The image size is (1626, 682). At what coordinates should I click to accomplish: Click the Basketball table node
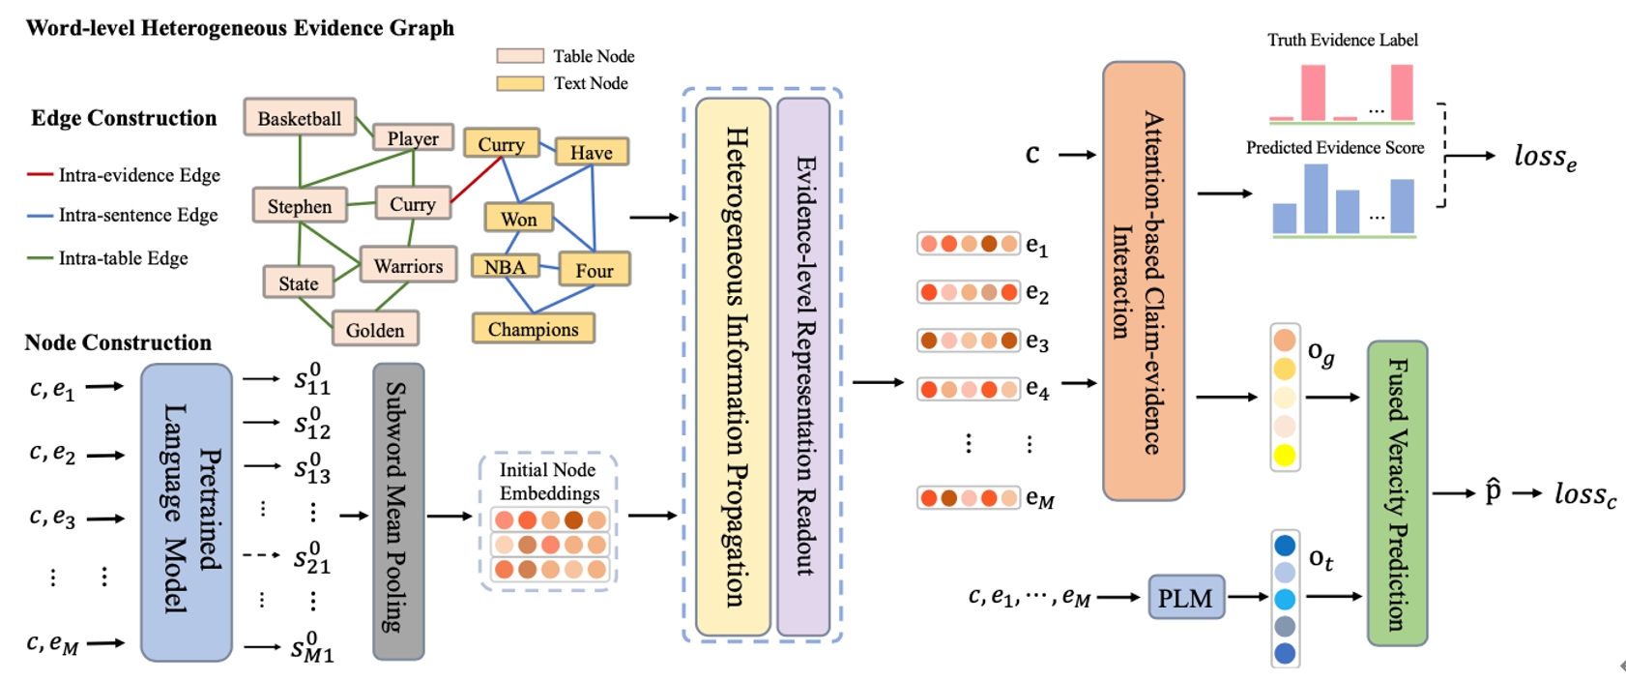click(300, 118)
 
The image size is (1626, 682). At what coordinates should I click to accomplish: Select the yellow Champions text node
click(533, 329)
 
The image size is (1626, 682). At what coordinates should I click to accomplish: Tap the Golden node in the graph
click(375, 330)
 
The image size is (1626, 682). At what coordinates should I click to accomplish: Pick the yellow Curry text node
click(501, 144)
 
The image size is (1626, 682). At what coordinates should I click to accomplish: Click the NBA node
click(505, 267)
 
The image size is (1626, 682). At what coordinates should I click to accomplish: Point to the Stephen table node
click(300, 206)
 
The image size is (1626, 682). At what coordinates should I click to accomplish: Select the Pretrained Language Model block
click(187, 512)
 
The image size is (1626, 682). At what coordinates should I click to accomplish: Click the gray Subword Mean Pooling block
click(398, 512)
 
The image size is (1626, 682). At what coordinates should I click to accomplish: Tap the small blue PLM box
click(1185, 598)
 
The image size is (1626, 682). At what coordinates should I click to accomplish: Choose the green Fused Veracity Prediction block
click(1397, 493)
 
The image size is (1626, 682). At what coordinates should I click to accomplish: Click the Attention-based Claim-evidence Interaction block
click(1144, 281)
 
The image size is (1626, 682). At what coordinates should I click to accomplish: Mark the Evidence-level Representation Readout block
click(803, 366)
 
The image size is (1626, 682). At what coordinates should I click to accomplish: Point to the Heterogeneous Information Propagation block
click(734, 366)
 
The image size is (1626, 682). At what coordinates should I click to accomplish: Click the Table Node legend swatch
click(520, 56)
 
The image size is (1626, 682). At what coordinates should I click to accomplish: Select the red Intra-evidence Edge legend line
click(40, 175)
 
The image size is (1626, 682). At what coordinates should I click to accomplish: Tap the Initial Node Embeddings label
click(548, 481)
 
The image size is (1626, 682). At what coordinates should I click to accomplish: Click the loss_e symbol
click(1545, 157)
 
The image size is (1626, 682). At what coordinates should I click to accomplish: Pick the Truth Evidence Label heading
click(1343, 40)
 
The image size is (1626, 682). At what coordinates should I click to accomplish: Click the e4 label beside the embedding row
click(1037, 389)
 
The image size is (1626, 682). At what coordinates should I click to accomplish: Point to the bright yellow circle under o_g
click(1285, 455)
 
